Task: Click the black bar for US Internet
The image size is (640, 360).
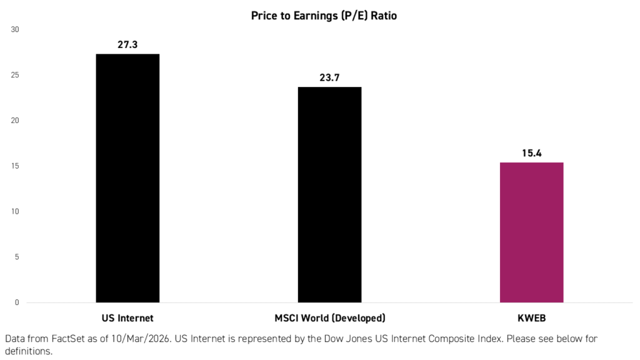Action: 127,178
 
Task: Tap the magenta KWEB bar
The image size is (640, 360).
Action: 531,232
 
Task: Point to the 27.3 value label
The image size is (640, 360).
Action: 127,45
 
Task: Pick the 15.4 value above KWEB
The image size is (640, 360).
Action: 531,153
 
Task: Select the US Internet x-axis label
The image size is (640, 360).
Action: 127,317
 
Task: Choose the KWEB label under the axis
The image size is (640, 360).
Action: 532,317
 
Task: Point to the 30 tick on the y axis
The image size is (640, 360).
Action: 15,29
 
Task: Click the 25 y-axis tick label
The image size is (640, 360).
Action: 15,75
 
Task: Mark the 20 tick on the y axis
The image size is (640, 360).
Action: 15,121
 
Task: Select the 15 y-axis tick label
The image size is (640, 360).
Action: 15,166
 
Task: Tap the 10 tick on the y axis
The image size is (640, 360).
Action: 15,212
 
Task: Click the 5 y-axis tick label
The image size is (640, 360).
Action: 17,257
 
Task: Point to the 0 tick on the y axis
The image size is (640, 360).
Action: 17,302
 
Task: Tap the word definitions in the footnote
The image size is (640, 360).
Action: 28,352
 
